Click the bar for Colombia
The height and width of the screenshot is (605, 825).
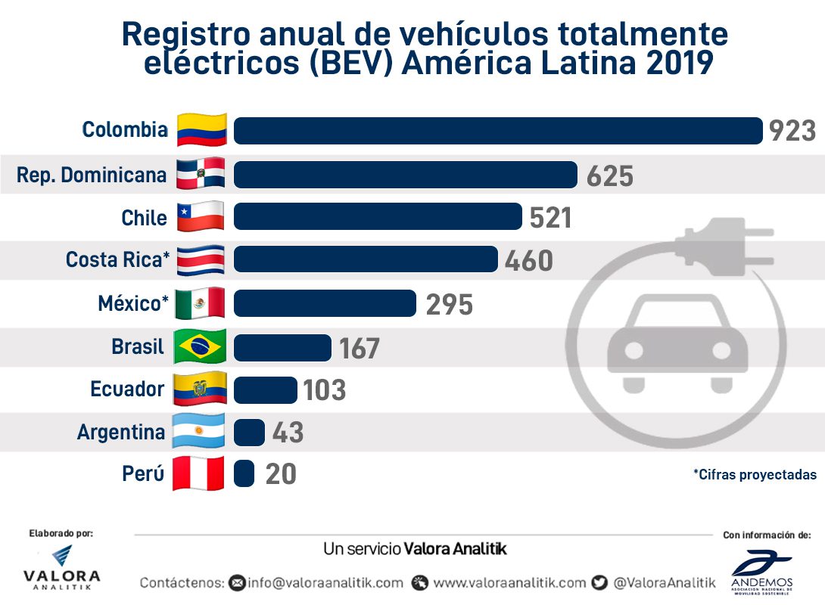click(497, 130)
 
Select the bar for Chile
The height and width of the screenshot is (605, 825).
click(377, 216)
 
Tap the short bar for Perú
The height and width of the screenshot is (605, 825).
click(244, 474)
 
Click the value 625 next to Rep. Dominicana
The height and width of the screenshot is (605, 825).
click(609, 175)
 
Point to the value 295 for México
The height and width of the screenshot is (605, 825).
click(449, 304)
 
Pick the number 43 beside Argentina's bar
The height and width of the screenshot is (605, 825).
click(287, 433)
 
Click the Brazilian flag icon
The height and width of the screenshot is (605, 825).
click(200, 347)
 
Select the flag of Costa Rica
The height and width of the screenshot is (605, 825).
click(200, 261)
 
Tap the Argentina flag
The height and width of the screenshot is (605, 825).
click(200, 433)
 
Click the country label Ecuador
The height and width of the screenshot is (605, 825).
click(127, 389)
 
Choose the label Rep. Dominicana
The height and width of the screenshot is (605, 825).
click(92, 175)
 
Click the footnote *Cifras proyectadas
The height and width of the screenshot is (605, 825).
click(755, 475)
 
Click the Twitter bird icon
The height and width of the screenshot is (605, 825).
click(600, 582)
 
